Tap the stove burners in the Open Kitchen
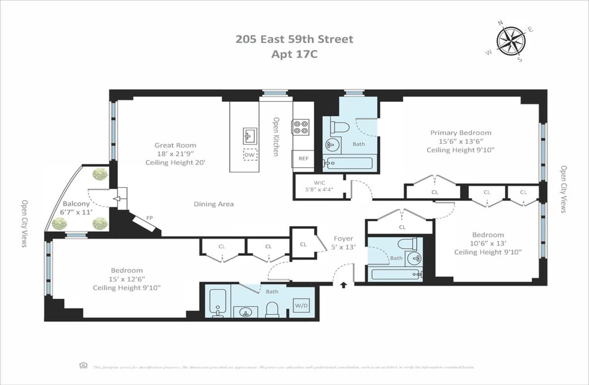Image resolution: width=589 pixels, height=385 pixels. (x=300, y=128)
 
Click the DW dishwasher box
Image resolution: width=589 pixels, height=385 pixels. (x=250, y=155)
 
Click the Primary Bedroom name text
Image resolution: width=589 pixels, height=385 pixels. (x=460, y=132)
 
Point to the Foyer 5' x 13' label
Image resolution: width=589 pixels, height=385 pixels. (x=344, y=243)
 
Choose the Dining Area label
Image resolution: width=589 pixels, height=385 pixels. (x=214, y=204)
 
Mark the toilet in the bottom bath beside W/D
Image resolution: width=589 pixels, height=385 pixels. (x=272, y=309)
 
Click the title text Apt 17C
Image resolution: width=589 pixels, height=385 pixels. (x=294, y=54)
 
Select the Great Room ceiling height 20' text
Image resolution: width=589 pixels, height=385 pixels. (x=175, y=163)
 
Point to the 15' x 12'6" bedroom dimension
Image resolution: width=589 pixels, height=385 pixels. (x=126, y=279)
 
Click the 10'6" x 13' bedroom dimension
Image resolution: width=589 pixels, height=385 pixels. (x=487, y=243)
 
